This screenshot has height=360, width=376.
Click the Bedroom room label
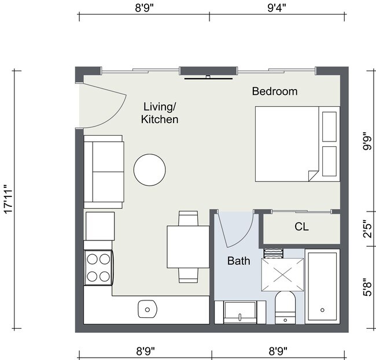(x=274, y=91)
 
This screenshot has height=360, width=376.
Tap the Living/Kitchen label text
(x=160, y=113)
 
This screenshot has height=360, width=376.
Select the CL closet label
(x=301, y=227)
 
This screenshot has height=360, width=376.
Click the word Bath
(x=238, y=261)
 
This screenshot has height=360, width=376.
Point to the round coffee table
(x=150, y=170)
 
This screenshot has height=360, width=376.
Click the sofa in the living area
(x=104, y=172)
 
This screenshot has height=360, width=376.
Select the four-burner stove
(x=98, y=268)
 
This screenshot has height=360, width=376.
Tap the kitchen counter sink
(x=148, y=309)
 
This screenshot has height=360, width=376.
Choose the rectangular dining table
(x=188, y=247)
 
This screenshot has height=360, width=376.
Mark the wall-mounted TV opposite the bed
(x=208, y=78)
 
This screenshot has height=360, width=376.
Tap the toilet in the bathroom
(x=284, y=306)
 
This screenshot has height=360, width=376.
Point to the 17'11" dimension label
(x=8, y=199)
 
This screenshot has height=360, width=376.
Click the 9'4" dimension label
(x=277, y=8)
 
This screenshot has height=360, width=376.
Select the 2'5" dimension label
(x=366, y=229)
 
